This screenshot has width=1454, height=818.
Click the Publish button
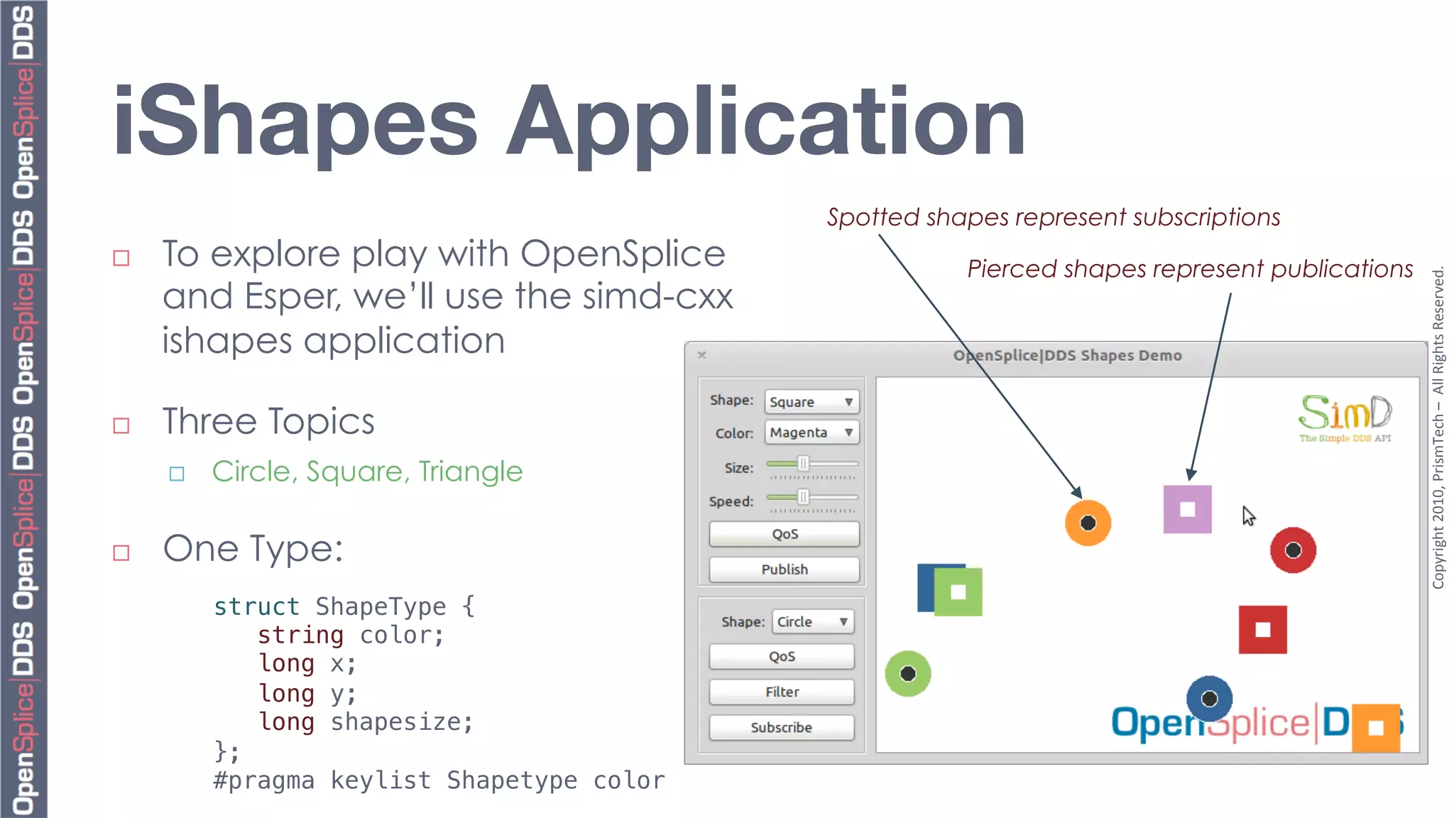coord(784,569)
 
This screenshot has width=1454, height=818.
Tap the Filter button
coord(782,692)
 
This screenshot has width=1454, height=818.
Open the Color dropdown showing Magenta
coord(811,432)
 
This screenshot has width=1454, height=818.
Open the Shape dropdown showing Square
coord(811,402)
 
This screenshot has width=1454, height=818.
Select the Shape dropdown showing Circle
coord(813,622)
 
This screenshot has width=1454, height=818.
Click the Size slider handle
coord(803,464)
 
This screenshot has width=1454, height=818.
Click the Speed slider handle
coord(803,497)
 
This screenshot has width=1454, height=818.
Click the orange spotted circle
coord(1088,523)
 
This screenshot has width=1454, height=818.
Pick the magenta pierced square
coord(1187,509)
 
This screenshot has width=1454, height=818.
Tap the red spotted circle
coord(1293,550)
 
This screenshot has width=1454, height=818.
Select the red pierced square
coord(1262,630)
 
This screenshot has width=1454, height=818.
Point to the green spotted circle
coord(907,674)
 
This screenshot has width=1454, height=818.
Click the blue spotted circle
coord(1209,699)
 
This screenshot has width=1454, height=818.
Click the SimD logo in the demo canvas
coord(1345,418)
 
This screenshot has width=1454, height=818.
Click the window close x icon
coord(701,355)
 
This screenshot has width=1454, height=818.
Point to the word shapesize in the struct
coord(401,722)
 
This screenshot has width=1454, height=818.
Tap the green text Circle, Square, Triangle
coord(367,471)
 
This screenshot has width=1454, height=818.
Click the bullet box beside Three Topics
coord(121,425)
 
